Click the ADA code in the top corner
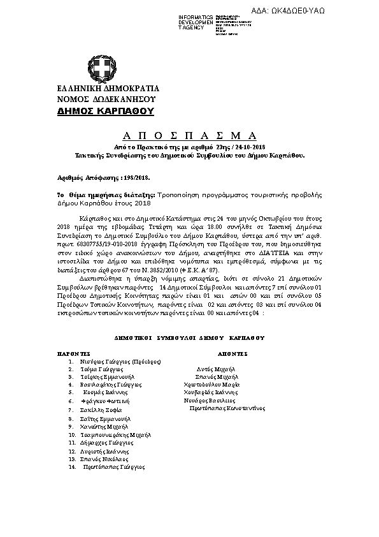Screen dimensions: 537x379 (337, 10)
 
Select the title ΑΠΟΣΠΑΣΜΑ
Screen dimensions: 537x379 (189, 135)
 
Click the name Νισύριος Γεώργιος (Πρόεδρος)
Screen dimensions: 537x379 (120, 362)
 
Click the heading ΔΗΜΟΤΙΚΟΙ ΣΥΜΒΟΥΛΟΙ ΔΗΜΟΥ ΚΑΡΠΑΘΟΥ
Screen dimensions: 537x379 (189, 337)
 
